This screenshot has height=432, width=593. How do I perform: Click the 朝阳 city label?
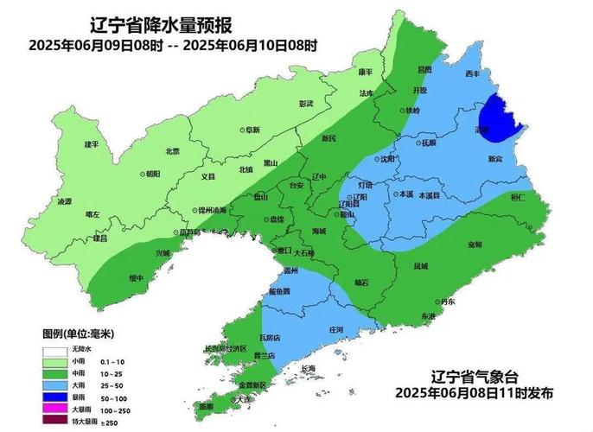coord(151,174)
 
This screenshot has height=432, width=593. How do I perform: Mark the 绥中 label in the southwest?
coord(137,278)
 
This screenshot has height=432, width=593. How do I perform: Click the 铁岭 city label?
coord(412,111)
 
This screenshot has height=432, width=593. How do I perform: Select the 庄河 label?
coord(336,330)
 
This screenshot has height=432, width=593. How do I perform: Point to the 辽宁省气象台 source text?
coord(474,377)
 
